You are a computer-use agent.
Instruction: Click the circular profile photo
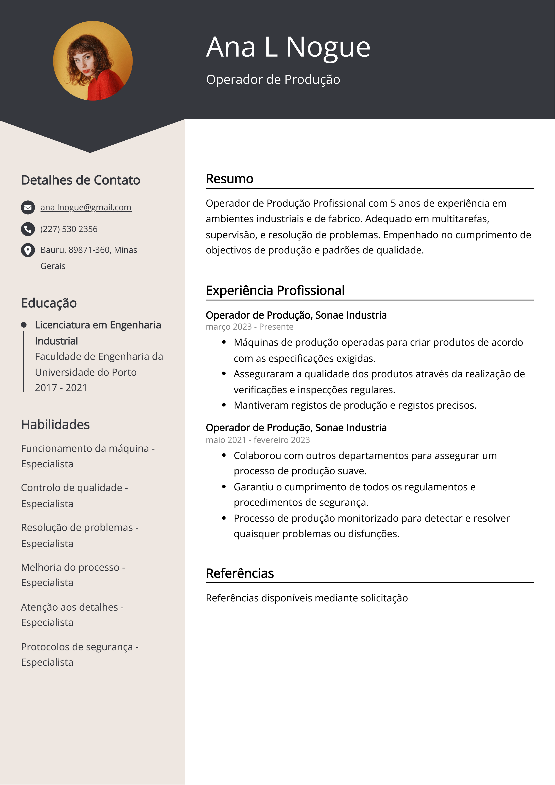tap(93, 61)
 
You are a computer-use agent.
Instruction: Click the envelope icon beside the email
tap(28, 208)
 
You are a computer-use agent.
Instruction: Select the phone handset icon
tap(28, 229)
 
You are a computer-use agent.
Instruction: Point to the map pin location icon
tap(28, 250)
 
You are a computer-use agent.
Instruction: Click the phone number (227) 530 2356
tap(69, 229)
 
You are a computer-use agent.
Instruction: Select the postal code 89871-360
tap(89, 250)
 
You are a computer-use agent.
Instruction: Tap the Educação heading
tap(49, 303)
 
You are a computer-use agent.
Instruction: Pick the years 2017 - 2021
tap(61, 388)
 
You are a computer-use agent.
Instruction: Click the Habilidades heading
tap(55, 425)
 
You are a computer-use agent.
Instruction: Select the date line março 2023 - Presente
tap(249, 327)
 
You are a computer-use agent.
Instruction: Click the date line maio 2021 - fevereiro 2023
tap(257, 440)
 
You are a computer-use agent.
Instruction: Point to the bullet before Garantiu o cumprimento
tap(224, 487)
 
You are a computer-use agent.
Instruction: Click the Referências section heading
tap(240, 573)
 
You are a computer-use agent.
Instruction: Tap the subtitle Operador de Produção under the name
tap(273, 79)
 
